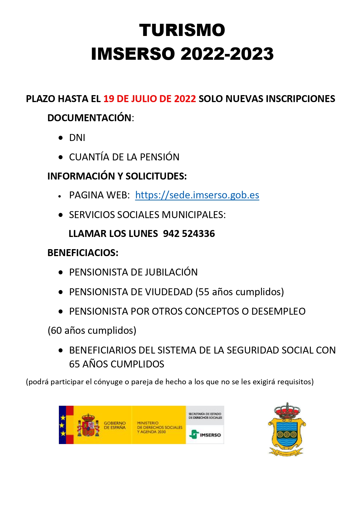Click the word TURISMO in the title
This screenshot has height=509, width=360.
(182, 30)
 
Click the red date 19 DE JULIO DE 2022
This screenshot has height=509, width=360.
(150, 99)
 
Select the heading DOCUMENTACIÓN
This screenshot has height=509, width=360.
(89, 118)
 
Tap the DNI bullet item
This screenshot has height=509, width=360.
(77, 138)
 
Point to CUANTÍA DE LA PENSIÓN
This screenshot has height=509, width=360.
(124, 157)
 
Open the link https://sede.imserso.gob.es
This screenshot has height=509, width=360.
(197, 195)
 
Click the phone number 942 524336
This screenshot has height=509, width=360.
(189, 234)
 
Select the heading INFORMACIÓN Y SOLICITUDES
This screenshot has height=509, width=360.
(117, 176)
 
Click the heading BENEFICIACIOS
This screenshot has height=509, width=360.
(83, 253)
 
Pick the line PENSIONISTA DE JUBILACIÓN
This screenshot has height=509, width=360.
(133, 272)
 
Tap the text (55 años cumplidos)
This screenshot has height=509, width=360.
(240, 292)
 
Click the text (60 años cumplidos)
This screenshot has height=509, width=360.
(92, 331)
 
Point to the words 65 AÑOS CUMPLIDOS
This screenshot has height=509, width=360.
(117, 364)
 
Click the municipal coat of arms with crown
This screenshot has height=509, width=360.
(287, 429)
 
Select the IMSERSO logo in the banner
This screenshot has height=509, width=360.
(205, 434)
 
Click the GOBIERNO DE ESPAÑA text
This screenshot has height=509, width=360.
(115, 425)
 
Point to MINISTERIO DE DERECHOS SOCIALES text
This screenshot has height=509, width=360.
(159, 427)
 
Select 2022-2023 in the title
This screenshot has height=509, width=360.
(227, 54)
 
